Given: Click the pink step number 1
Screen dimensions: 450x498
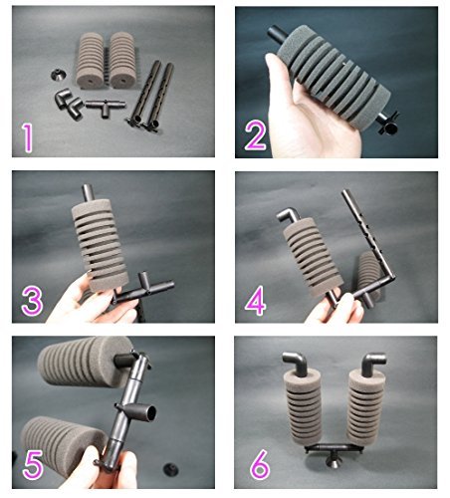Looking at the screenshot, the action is pyautogui.click(x=28, y=138).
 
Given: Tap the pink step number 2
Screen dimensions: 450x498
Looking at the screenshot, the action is pyautogui.click(x=256, y=135).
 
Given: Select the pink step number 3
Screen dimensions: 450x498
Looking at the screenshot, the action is pyautogui.click(x=32, y=302).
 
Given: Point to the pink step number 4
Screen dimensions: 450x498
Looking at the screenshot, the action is pyautogui.click(x=256, y=301).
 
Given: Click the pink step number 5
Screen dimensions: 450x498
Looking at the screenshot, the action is pyautogui.click(x=33, y=465).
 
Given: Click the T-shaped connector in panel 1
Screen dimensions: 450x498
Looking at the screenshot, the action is pyautogui.click(x=106, y=107).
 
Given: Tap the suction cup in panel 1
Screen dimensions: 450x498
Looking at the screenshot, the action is pyautogui.click(x=59, y=75).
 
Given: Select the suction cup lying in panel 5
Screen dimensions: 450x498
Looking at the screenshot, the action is pyautogui.click(x=171, y=468).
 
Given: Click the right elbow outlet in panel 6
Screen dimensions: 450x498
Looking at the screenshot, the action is pyautogui.click(x=373, y=364).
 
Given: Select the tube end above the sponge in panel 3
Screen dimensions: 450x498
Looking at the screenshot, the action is pyautogui.click(x=88, y=193).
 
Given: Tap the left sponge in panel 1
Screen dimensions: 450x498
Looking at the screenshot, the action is pyautogui.click(x=91, y=60).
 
